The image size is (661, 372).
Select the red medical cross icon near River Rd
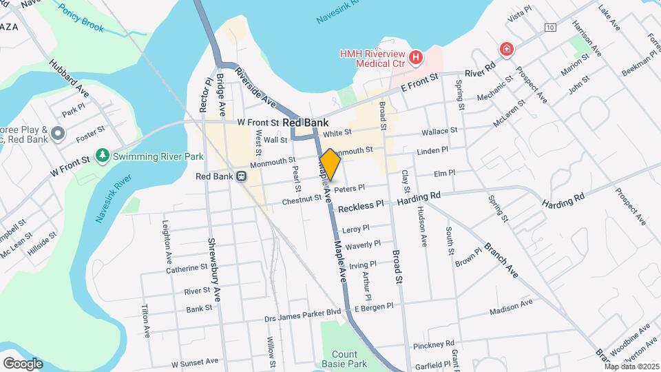pyautogui.click(x=507, y=50)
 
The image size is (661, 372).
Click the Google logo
pyautogui.click(x=23, y=363)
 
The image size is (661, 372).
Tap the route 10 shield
pyautogui.click(x=549, y=27)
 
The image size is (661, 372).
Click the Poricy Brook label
pyautogui.click(x=81, y=19)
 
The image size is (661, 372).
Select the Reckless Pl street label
pyautogui.click(x=361, y=206)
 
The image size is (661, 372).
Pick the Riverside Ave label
pyautogui.click(x=255, y=87)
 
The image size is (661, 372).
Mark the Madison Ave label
pyautogui.click(x=511, y=307)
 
